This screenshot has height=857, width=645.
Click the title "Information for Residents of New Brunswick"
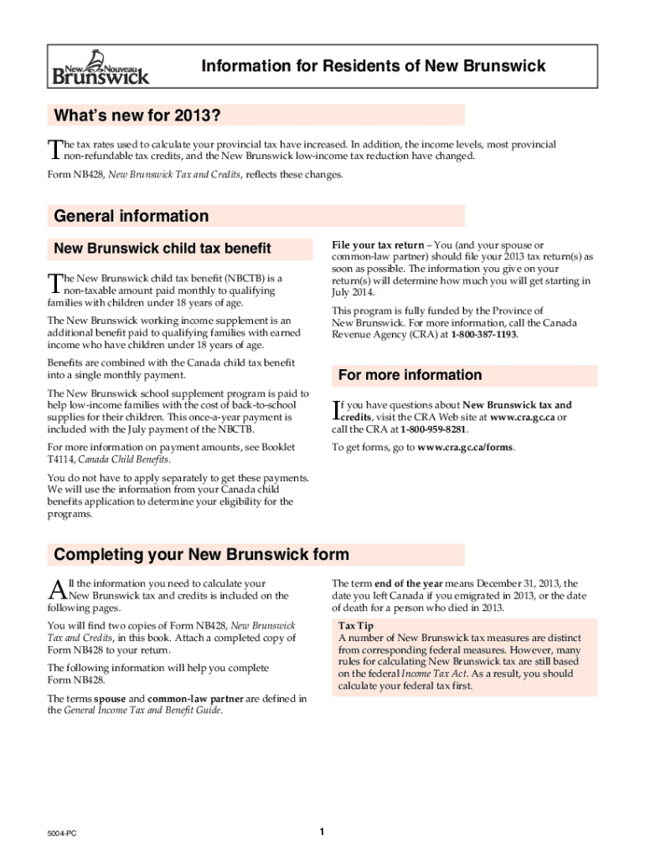373,66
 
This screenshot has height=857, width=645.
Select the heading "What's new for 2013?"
142,115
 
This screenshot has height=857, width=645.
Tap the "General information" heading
132,217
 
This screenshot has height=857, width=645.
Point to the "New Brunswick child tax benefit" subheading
163,249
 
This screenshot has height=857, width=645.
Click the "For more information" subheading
410,375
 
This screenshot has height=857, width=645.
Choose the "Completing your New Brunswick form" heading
201,555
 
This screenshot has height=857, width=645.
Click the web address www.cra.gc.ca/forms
465,447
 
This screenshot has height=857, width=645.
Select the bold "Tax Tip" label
356,626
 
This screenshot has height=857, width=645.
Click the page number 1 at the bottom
322,831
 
